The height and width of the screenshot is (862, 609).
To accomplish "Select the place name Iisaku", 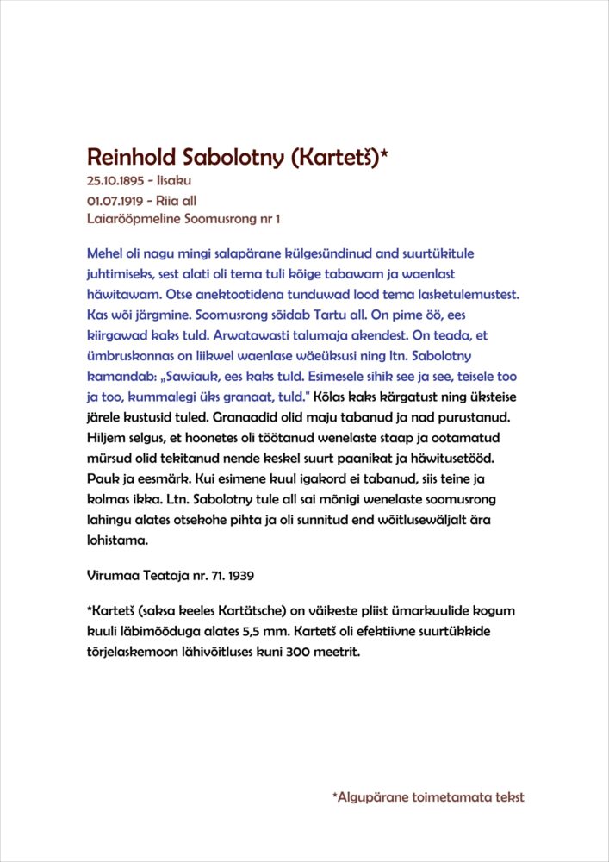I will click(x=173, y=181).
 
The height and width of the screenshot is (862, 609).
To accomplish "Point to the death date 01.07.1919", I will click(x=115, y=200).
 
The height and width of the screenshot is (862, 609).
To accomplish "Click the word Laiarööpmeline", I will click(x=130, y=219).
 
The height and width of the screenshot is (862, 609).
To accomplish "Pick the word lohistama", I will click(x=118, y=540).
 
